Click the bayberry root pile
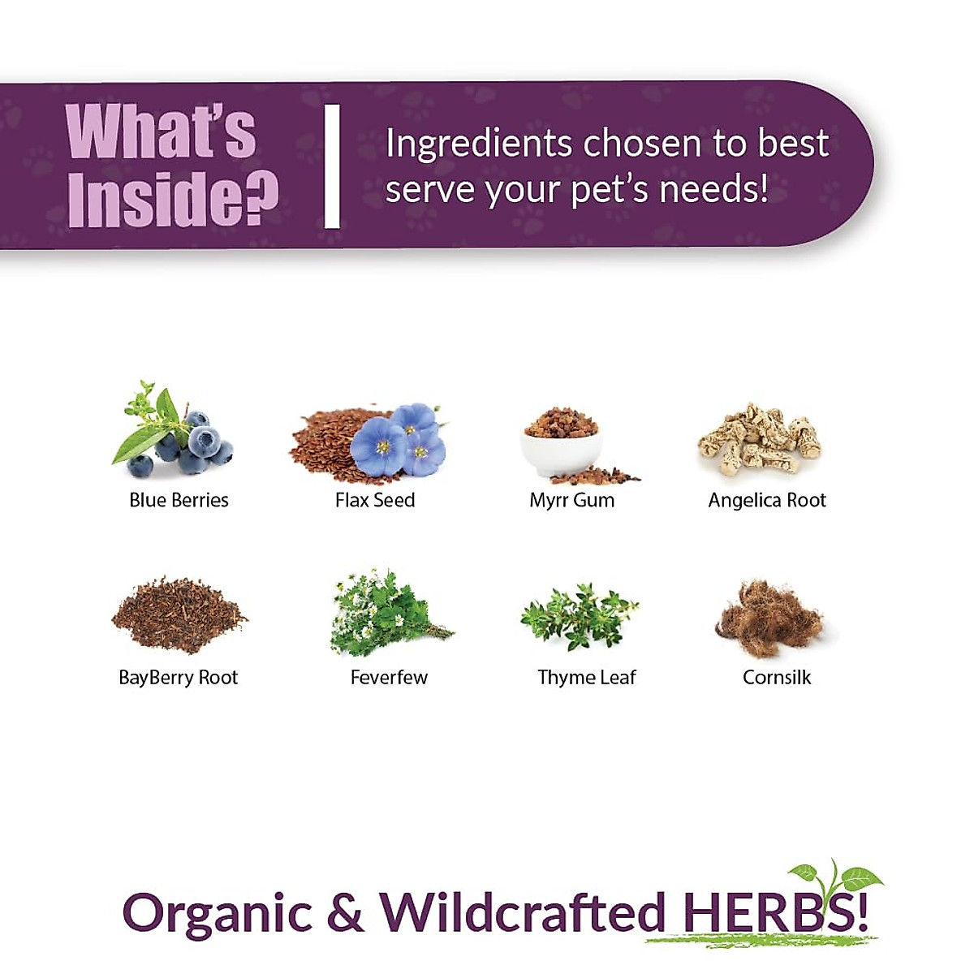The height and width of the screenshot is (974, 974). tap(178, 614)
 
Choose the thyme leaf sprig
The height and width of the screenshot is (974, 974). tap(578, 616)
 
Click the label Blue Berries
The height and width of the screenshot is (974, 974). tap(179, 500)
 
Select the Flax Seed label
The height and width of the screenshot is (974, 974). tap(375, 500)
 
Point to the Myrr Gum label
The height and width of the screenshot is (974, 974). tap(571, 500)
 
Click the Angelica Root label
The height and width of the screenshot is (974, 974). tap(767, 500)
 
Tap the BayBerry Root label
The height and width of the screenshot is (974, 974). tap(179, 678)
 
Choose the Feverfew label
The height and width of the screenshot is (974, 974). tap(389, 678)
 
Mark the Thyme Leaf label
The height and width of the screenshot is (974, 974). tap(587, 678)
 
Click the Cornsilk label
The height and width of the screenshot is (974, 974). tap(777, 678)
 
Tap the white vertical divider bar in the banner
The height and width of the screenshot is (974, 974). tap(331, 166)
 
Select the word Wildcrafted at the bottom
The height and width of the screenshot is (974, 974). tap(523, 912)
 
